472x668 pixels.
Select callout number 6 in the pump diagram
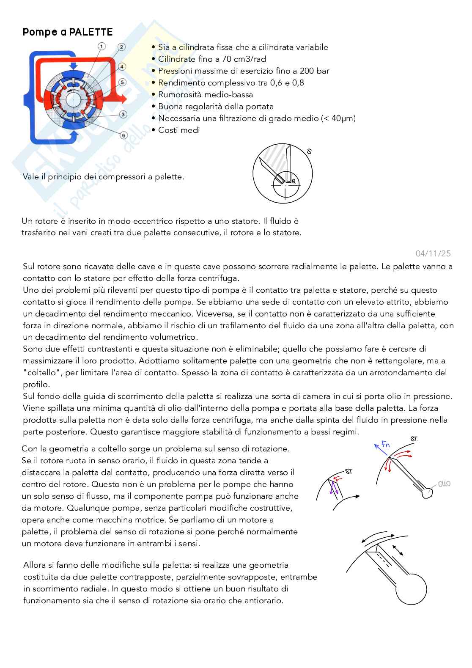123,135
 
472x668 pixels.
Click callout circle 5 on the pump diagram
122,82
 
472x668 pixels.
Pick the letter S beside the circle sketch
309,151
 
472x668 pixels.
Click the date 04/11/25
433,253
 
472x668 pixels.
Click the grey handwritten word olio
444,484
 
